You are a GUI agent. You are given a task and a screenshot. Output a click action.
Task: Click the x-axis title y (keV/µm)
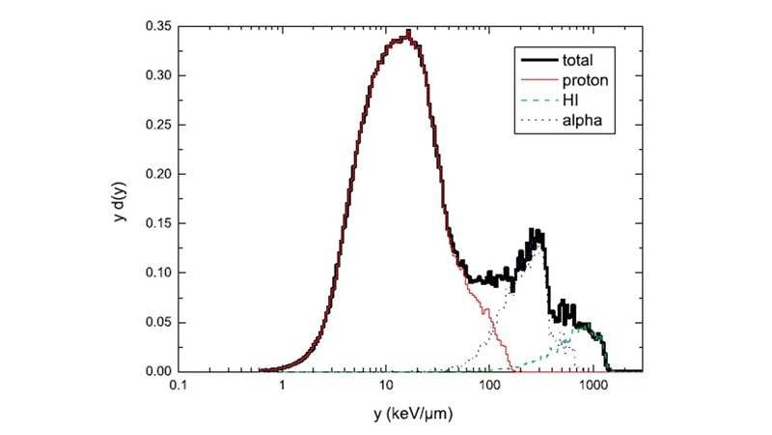(410, 417)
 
